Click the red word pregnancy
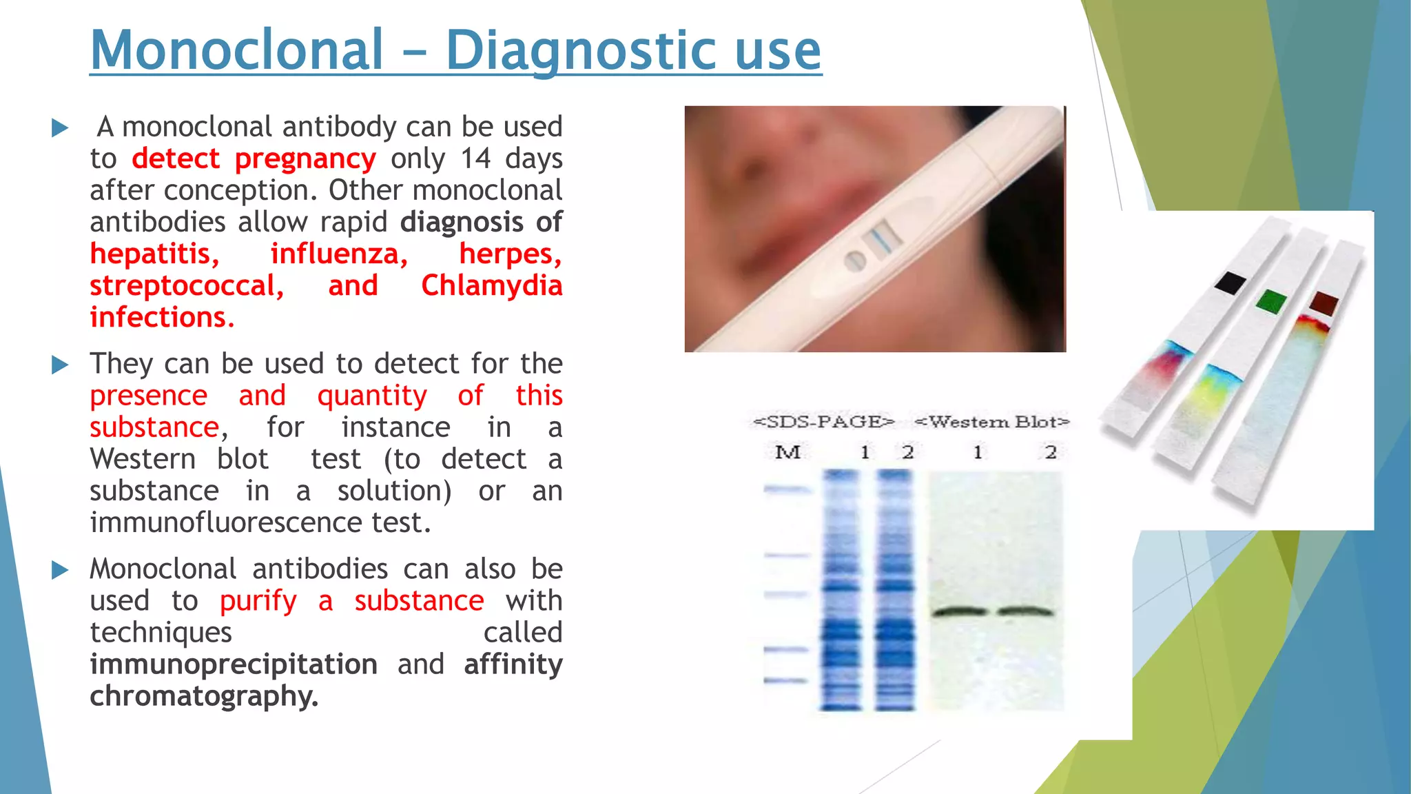coord(305,159)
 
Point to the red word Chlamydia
coord(491,286)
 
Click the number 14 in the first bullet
coord(475,159)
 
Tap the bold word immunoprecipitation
coord(234,665)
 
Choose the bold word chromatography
coord(203,697)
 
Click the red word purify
coord(258,602)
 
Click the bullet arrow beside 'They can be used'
coord(61,365)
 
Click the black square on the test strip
coord(1230,283)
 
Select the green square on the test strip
coord(1271,301)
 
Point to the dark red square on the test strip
coord(1324,303)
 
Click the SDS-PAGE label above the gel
coord(824,422)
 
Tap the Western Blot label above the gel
coord(992,422)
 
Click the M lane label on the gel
coord(787,453)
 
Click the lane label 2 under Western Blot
coord(1050,453)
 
